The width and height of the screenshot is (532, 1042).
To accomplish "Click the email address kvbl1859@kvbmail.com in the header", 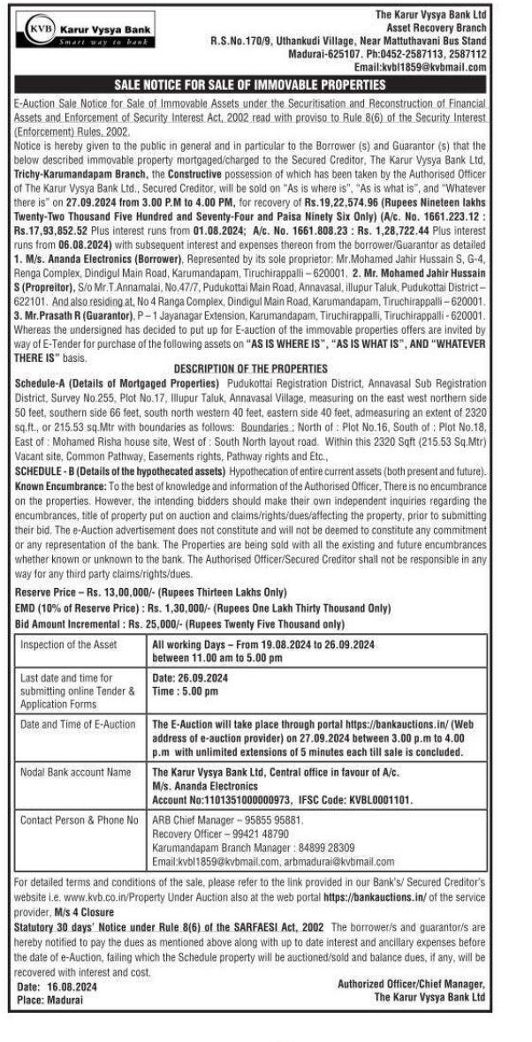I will tap(434, 66).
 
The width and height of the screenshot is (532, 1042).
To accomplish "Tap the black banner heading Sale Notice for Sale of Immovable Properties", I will tap(265, 85).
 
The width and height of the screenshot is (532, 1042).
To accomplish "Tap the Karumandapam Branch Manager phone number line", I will tap(245, 847).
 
